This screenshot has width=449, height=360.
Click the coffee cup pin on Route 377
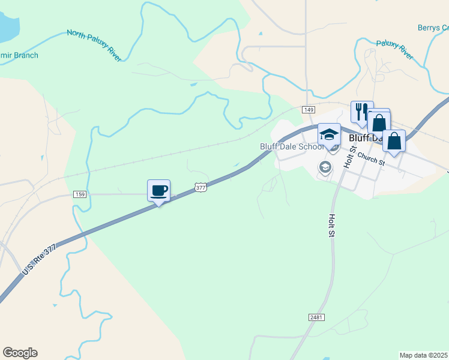tap(158, 191)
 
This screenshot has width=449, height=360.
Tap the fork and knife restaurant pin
tap(361, 112)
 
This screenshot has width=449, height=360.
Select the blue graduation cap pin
tap(329, 134)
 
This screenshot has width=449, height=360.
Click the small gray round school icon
tap(325, 167)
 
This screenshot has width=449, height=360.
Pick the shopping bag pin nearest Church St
tap(394, 142)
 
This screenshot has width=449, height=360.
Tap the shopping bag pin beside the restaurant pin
tap(379, 122)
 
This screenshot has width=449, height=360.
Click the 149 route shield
tap(309, 110)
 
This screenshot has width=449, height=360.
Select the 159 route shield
tap(80, 194)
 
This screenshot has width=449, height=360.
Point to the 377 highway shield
tap(200, 188)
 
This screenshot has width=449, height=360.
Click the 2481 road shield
tap(317, 316)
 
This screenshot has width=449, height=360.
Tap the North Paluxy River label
tap(94, 44)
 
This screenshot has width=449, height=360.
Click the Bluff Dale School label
tap(292, 146)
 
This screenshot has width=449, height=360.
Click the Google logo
tap(20, 353)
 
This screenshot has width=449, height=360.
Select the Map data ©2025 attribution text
tap(424, 355)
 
